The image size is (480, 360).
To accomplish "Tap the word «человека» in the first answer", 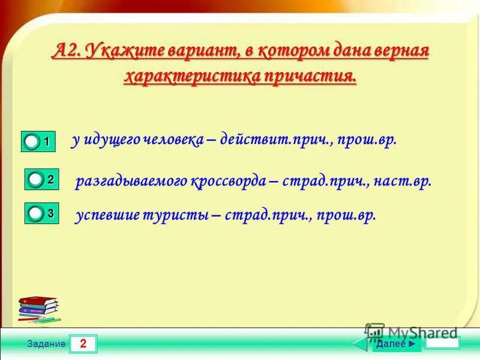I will pyautogui.click(x=170, y=140).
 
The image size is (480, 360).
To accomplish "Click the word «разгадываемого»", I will pyautogui.click(x=131, y=181).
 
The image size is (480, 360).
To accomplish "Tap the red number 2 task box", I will pyautogui.click(x=83, y=344).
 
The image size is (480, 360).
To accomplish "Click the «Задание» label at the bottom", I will pyautogui.click(x=50, y=344).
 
